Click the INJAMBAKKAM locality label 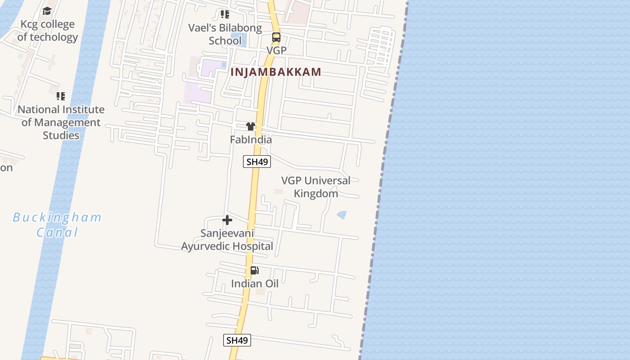[x=276, y=72]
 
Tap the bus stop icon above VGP [x=276, y=37]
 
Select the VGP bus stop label [x=276, y=50]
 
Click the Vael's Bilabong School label [x=225, y=34]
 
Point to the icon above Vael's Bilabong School [x=225, y=14]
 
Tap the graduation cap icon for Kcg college [x=47, y=11]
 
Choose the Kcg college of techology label [x=47, y=31]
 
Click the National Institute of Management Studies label [x=61, y=122]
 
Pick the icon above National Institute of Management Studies [x=61, y=96]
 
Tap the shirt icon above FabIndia [x=251, y=126]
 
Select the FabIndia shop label [x=251, y=139]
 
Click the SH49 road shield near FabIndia [x=257, y=162]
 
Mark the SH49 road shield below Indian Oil [x=237, y=340]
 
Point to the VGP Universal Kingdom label [x=316, y=187]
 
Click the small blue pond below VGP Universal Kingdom [x=342, y=215]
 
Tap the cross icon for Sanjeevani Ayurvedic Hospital [x=227, y=220]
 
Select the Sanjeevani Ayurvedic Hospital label [x=227, y=240]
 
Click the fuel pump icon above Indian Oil [x=255, y=270]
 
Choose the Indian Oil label [x=255, y=283]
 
